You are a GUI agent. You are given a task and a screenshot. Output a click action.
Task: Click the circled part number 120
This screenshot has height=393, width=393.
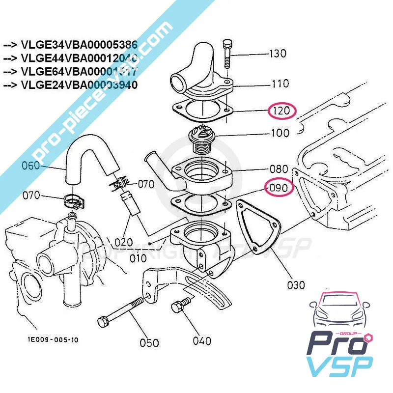[281, 111]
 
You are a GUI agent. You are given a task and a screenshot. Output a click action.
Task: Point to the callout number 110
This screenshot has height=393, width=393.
[280, 84]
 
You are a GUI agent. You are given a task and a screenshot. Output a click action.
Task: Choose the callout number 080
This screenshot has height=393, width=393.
[279, 168]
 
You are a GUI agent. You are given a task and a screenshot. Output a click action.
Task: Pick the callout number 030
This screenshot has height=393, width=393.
[295, 284]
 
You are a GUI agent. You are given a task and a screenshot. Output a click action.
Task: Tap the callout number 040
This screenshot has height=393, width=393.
[202, 340]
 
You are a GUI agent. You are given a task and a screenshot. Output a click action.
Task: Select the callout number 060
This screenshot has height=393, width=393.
[30, 166]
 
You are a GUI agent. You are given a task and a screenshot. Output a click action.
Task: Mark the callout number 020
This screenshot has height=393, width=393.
[123, 242]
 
